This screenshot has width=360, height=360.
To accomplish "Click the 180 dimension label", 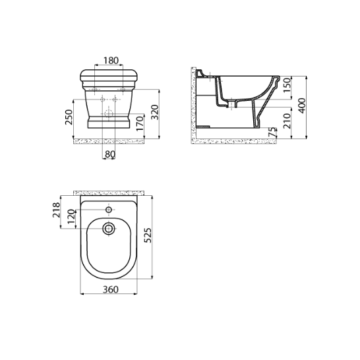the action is coord(111,61).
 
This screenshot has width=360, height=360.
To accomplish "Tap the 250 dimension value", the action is coord(69,117).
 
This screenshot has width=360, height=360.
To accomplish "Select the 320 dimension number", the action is coord(156,112).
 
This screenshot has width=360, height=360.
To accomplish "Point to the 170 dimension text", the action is coord(140,123).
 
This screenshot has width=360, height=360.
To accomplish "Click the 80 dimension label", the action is coord(110,154).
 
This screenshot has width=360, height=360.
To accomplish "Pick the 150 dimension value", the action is coord(287,85).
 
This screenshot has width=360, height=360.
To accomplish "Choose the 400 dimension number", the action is coord(303,105).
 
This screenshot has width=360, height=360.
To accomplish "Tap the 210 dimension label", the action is coord(287,121).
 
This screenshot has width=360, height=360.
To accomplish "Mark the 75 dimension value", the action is coord(272,133).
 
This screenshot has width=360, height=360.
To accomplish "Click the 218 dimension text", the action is coord(56,210).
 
